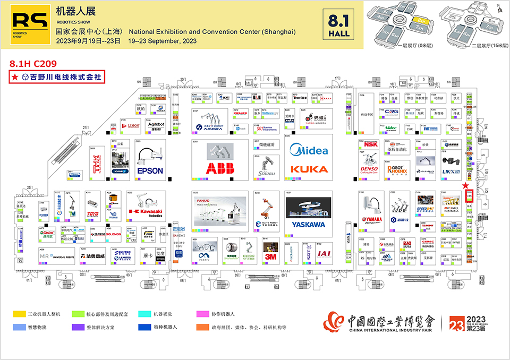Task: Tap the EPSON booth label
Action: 150,171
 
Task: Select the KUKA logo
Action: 308,169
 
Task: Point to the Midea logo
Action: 308,150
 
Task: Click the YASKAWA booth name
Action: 308,225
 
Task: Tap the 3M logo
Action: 271,256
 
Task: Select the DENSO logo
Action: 369,169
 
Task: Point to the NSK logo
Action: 371,144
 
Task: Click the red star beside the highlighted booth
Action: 465,186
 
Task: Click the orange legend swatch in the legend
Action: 201,327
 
